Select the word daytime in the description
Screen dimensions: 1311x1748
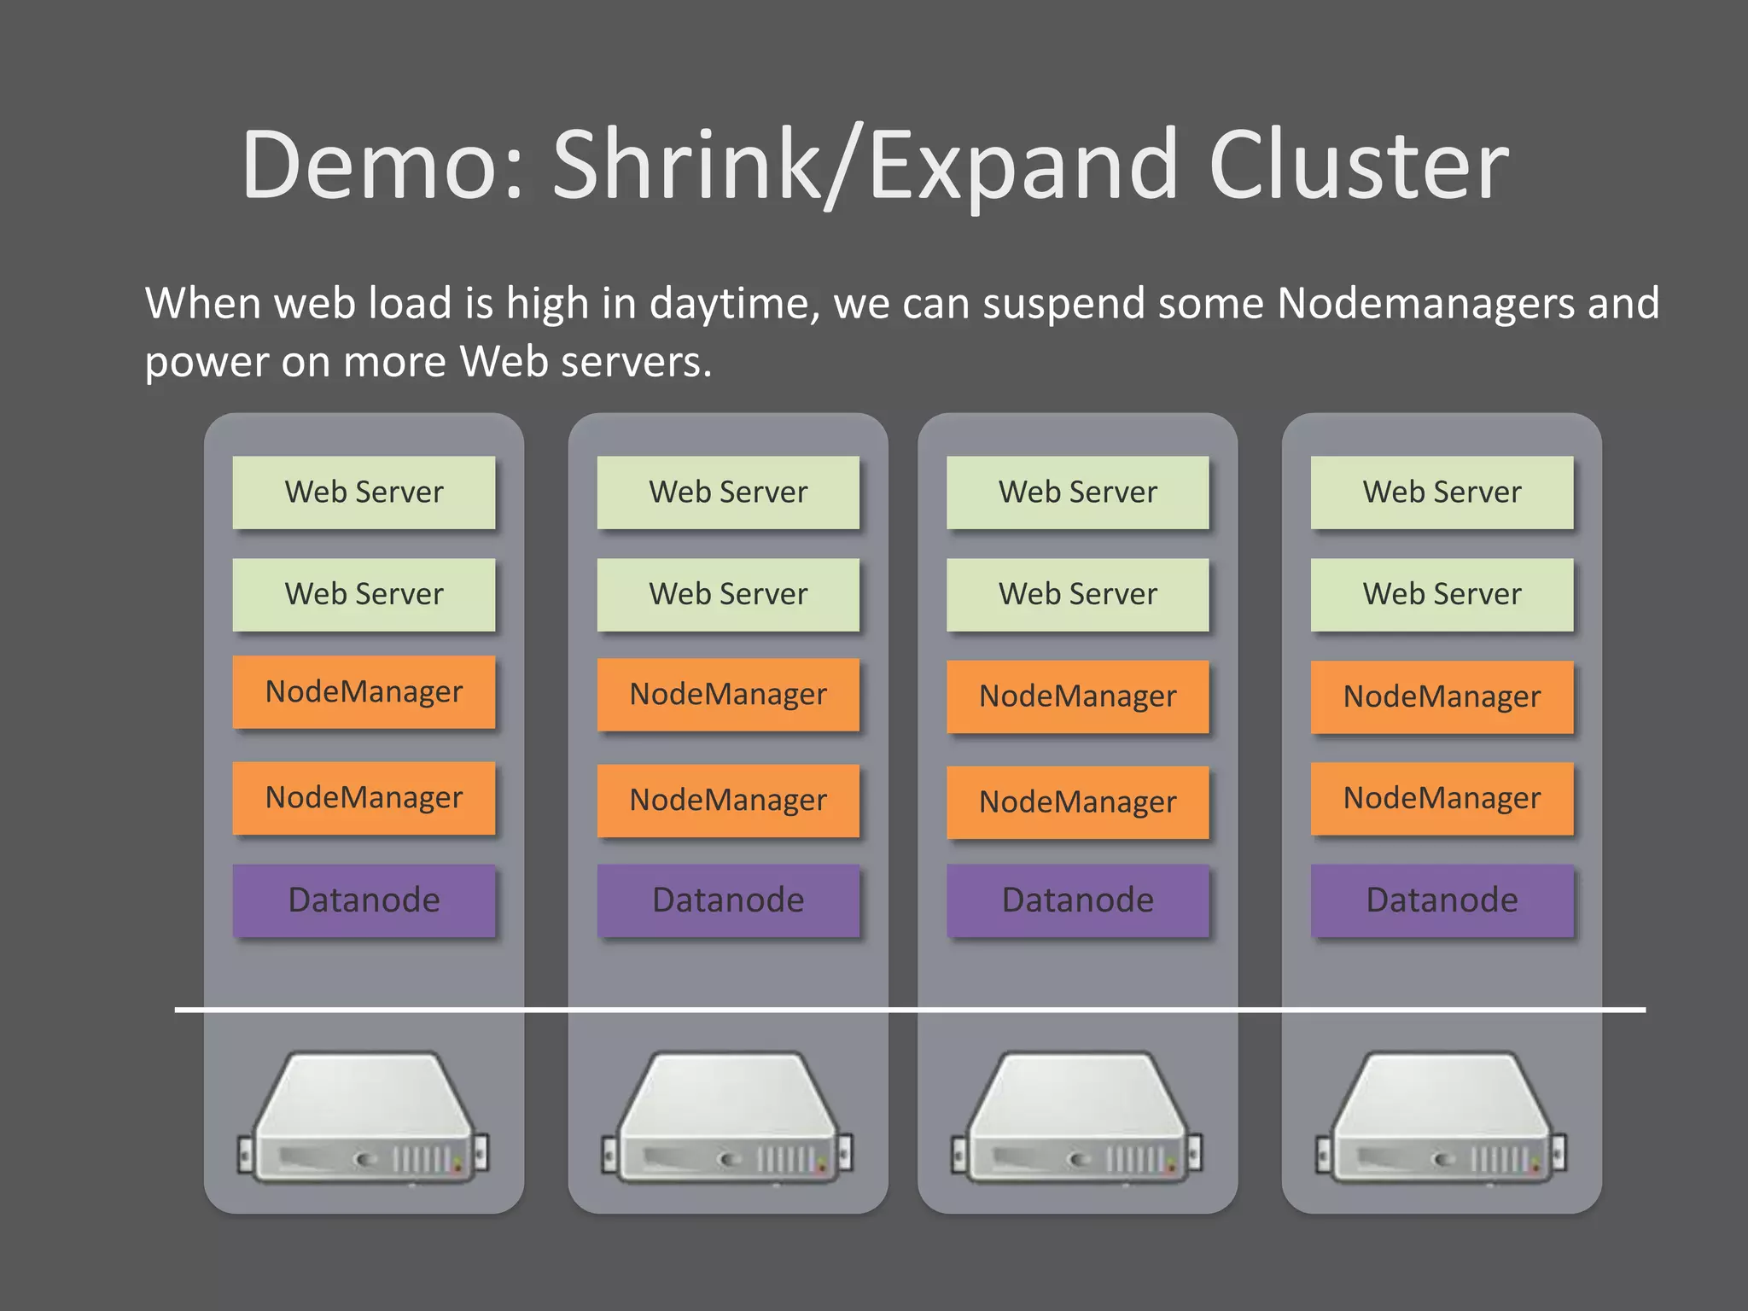pos(734,305)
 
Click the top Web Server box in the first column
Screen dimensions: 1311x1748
pos(364,492)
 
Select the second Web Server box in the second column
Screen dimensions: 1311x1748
pos(728,594)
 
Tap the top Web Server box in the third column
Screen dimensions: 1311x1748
pos(1077,492)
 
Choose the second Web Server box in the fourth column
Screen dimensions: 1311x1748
pos(1442,594)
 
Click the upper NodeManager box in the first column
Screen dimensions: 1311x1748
pos(364,692)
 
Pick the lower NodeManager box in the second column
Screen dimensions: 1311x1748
pos(728,801)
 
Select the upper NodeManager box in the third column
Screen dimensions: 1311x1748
pos(1077,696)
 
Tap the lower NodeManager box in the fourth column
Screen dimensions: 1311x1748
pos(1442,799)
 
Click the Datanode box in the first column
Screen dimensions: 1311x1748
pos(364,900)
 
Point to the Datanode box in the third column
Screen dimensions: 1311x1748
pos(1077,900)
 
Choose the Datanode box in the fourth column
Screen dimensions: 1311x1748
pos(1442,900)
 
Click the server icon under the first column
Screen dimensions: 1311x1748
pos(364,1118)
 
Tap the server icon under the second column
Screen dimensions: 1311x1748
pos(727,1118)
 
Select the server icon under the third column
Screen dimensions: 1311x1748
pos(1077,1118)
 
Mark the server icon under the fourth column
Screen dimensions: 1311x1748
pos(1442,1118)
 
